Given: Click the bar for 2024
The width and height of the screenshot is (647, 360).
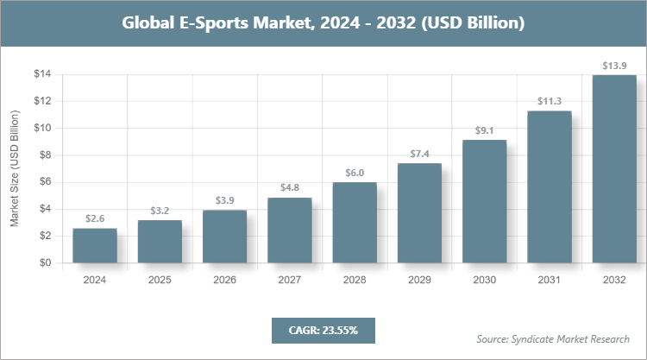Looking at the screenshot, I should [x=95, y=245].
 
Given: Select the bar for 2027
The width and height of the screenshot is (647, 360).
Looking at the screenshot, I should [x=290, y=231].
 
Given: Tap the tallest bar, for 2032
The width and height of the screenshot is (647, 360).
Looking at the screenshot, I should [x=614, y=168].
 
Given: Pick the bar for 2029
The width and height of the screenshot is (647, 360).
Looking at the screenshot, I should [x=419, y=212].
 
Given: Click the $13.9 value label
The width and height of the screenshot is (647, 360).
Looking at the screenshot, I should [x=614, y=65].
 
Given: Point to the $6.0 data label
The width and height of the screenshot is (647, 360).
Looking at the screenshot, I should [x=355, y=171].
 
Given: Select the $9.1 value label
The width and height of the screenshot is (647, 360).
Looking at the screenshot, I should [x=484, y=130].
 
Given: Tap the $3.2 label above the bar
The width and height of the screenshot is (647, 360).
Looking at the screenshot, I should [x=160, y=210].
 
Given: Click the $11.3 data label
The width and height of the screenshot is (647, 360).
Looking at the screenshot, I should [x=550, y=100].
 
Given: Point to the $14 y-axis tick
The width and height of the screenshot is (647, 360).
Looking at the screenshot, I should [x=42, y=74].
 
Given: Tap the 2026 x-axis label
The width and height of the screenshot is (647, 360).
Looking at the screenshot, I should [x=224, y=281].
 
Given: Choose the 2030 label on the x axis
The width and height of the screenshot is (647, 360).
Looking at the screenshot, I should [x=484, y=281].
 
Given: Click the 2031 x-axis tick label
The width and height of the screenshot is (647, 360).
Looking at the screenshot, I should [x=550, y=281].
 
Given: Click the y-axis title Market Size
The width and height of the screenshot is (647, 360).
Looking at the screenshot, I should [x=15, y=169].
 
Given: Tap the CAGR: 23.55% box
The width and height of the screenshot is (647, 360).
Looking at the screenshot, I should [x=323, y=330].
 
